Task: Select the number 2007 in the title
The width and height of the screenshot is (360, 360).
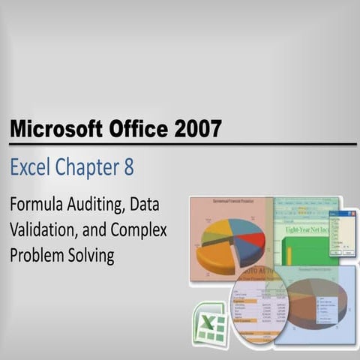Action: coord(196,129)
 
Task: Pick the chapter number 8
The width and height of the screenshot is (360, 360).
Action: coord(129,168)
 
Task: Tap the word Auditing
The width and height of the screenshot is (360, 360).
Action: coord(97,204)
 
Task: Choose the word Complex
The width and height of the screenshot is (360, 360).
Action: coord(140,229)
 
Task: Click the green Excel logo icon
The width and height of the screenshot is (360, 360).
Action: coord(208,324)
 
